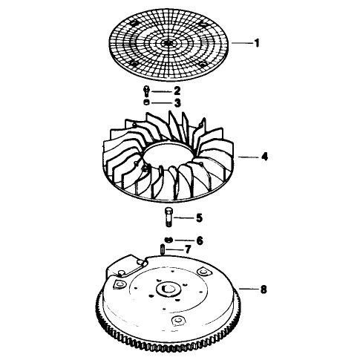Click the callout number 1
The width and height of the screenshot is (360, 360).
click(x=257, y=43)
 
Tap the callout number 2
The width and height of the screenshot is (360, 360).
click(x=177, y=91)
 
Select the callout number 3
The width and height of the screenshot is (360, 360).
click(x=177, y=102)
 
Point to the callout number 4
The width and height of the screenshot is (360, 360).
click(x=264, y=157)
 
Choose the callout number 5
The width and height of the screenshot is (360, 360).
click(x=200, y=217)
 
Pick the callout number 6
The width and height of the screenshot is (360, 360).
click(x=200, y=240)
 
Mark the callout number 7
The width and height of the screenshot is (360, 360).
click(x=188, y=249)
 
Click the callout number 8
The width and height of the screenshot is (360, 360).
click(x=264, y=289)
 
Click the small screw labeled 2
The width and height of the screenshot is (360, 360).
click(x=146, y=91)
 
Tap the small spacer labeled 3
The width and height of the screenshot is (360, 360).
click(x=146, y=102)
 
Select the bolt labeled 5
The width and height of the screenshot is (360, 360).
click(x=168, y=217)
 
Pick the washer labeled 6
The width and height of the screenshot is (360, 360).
click(x=168, y=240)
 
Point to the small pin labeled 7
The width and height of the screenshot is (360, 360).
click(x=162, y=249)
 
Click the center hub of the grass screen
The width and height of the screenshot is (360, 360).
click(x=168, y=43)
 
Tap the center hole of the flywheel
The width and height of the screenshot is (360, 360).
click(x=168, y=289)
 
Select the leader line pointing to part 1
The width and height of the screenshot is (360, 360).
click(x=243, y=43)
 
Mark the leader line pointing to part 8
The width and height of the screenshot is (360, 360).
click(x=249, y=289)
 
